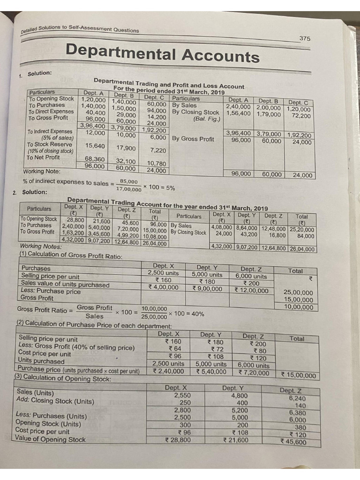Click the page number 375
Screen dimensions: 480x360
304,38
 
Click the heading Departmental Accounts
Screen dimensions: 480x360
162,53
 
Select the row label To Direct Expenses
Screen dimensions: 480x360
51,112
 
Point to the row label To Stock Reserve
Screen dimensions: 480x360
49,144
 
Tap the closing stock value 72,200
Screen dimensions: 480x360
301,116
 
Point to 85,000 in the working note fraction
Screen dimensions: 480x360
129,181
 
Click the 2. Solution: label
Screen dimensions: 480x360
31,192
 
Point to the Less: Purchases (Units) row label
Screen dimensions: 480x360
51,416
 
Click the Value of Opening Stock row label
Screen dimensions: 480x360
51,439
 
